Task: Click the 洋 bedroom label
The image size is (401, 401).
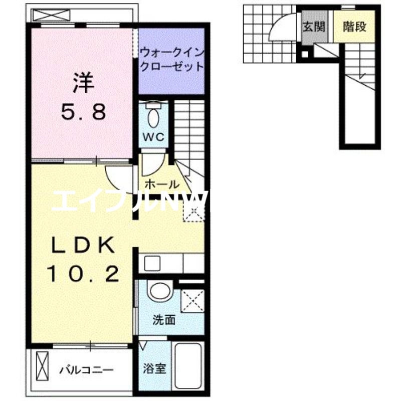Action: tap(84, 83)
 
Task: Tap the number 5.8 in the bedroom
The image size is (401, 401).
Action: tap(84, 112)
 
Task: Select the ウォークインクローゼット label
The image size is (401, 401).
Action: tap(171, 59)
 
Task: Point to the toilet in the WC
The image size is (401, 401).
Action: tap(154, 117)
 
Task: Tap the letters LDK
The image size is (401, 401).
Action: tap(83, 246)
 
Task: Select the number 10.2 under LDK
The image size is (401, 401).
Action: tap(83, 274)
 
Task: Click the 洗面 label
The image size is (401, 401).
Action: tap(163, 320)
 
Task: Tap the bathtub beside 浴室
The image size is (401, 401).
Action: tap(188, 365)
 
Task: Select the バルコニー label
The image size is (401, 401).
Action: tap(86, 370)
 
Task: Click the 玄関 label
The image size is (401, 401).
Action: tap(314, 27)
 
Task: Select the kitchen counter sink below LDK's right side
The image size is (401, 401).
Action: tap(149, 263)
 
